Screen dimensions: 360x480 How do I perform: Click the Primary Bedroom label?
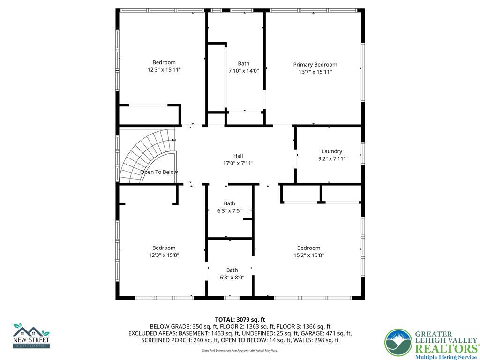(315, 65)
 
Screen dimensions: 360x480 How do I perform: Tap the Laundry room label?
(331, 151)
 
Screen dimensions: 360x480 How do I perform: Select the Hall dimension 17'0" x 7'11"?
(238, 164)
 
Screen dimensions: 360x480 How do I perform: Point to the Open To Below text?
(159, 172)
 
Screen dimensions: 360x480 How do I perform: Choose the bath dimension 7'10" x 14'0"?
(243, 71)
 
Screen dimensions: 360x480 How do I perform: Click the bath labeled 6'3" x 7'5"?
(229, 203)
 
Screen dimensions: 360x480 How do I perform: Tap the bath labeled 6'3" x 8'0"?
(232, 270)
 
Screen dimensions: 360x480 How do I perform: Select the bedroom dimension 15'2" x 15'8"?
(308, 255)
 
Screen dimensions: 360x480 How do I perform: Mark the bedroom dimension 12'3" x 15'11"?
(164, 70)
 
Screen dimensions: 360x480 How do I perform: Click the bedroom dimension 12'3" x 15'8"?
(164, 255)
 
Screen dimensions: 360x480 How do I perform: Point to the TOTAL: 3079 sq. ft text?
(240, 320)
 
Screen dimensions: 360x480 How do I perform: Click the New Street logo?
(31, 336)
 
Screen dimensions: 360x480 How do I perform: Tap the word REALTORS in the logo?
(446, 349)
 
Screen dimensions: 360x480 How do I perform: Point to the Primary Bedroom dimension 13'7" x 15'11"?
(315, 72)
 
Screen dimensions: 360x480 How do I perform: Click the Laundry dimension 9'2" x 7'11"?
(331, 159)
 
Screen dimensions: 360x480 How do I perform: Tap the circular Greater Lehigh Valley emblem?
(398, 343)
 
